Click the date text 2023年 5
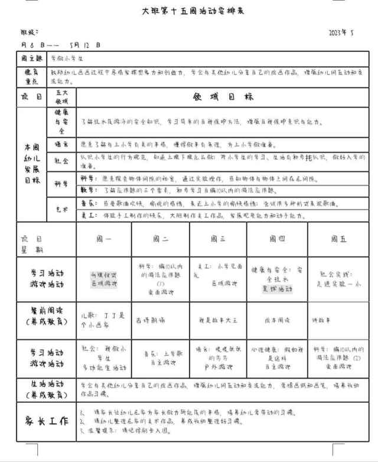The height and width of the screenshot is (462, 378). click(341, 33)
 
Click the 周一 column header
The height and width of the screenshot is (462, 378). click(103, 239)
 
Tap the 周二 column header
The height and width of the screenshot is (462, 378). click(161, 239)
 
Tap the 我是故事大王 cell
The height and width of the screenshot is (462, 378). click(213, 320)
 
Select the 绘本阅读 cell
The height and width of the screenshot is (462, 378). click(275, 320)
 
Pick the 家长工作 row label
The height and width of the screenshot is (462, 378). click(45, 421)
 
